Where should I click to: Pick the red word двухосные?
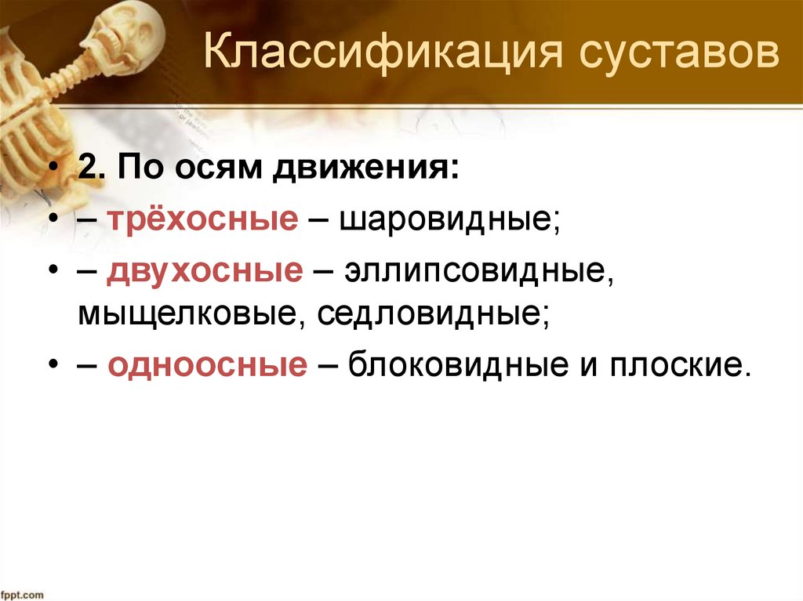pos(206,271)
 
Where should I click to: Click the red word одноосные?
pos(208,365)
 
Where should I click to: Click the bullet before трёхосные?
pos(51,222)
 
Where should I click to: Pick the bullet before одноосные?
pos(51,366)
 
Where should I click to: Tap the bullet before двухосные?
pos(51,272)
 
